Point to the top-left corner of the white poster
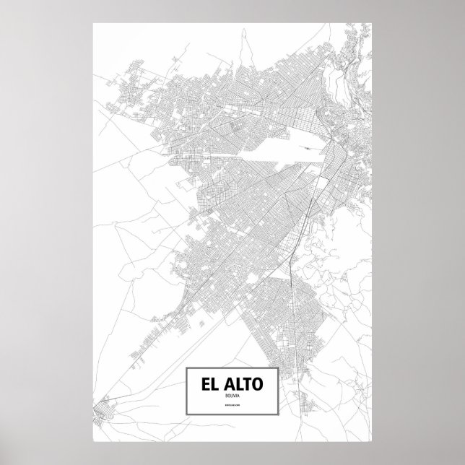point(93,23)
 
